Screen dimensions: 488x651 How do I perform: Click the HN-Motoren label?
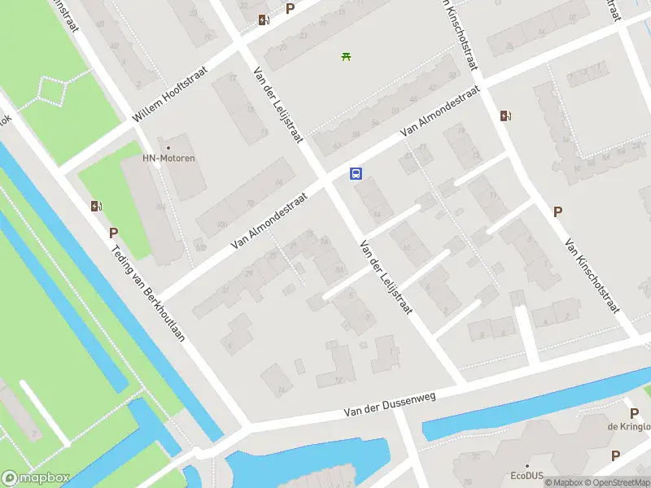(x=168, y=158)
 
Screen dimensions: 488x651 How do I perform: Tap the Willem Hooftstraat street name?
(x=170, y=94)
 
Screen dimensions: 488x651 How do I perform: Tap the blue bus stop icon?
(x=356, y=173)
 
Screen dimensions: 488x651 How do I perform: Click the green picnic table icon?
(x=346, y=56)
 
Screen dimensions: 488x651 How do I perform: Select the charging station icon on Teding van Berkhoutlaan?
(x=97, y=207)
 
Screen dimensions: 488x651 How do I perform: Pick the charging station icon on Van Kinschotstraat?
(x=505, y=115)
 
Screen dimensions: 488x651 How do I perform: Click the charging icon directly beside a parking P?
(x=264, y=20)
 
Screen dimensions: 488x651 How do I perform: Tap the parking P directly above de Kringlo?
(x=634, y=413)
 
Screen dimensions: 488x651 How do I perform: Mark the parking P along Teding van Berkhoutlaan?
(x=114, y=233)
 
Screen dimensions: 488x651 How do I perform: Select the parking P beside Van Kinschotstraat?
(x=557, y=211)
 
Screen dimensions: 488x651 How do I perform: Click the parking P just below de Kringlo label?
(x=615, y=455)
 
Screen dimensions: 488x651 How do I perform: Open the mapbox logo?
(x=36, y=478)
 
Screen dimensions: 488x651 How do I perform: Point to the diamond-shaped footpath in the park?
(x=53, y=90)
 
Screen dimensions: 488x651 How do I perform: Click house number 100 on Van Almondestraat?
(x=221, y=224)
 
